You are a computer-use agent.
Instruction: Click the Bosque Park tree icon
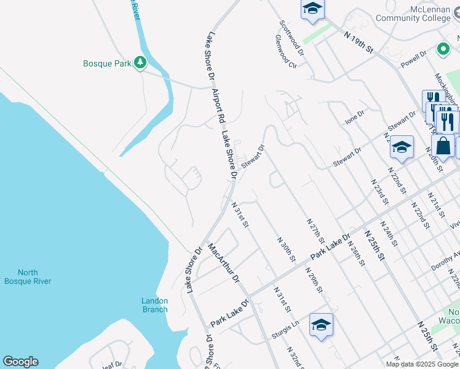tap(141, 63)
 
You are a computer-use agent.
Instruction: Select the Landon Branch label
tap(154, 305)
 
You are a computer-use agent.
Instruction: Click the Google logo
tap(20, 362)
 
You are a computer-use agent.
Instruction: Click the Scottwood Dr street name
tap(291, 34)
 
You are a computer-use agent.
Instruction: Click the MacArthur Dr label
tap(223, 263)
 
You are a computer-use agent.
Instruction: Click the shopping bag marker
tap(442, 146)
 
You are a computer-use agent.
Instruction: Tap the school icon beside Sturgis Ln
tap(321, 325)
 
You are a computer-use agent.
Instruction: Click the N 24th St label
tap(390, 234)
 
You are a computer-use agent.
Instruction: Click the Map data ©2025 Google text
tap(422, 364)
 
